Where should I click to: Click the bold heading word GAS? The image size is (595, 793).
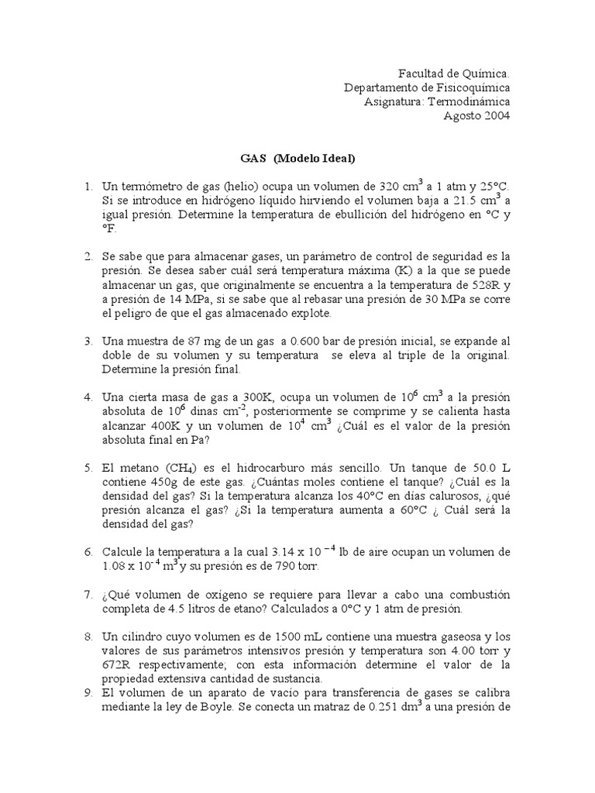[252, 159]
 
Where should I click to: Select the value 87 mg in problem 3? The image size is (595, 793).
[190, 342]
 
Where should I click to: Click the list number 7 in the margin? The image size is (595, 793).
[88, 595]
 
